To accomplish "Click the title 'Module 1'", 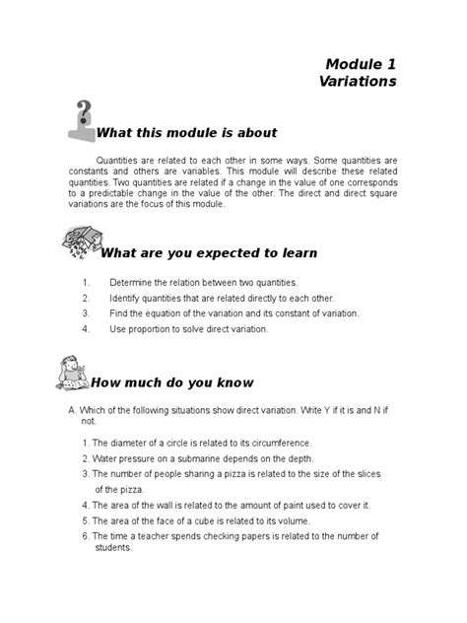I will [360, 63].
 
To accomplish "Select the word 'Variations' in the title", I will [358, 82].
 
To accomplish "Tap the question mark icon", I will [82, 120].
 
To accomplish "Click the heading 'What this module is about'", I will [186, 133].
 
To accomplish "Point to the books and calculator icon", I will [83, 243].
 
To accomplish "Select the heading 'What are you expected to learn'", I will [210, 253].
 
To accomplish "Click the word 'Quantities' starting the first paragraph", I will [119, 161].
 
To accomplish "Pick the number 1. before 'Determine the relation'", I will [87, 282].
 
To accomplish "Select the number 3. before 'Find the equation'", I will [87, 313].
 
